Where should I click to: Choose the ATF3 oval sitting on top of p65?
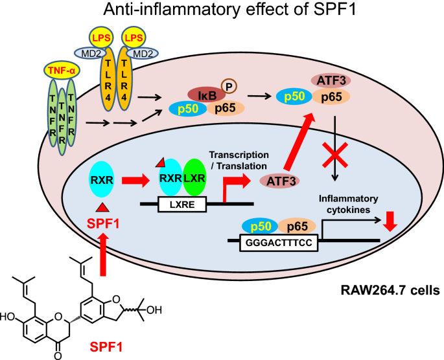click(331, 80)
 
